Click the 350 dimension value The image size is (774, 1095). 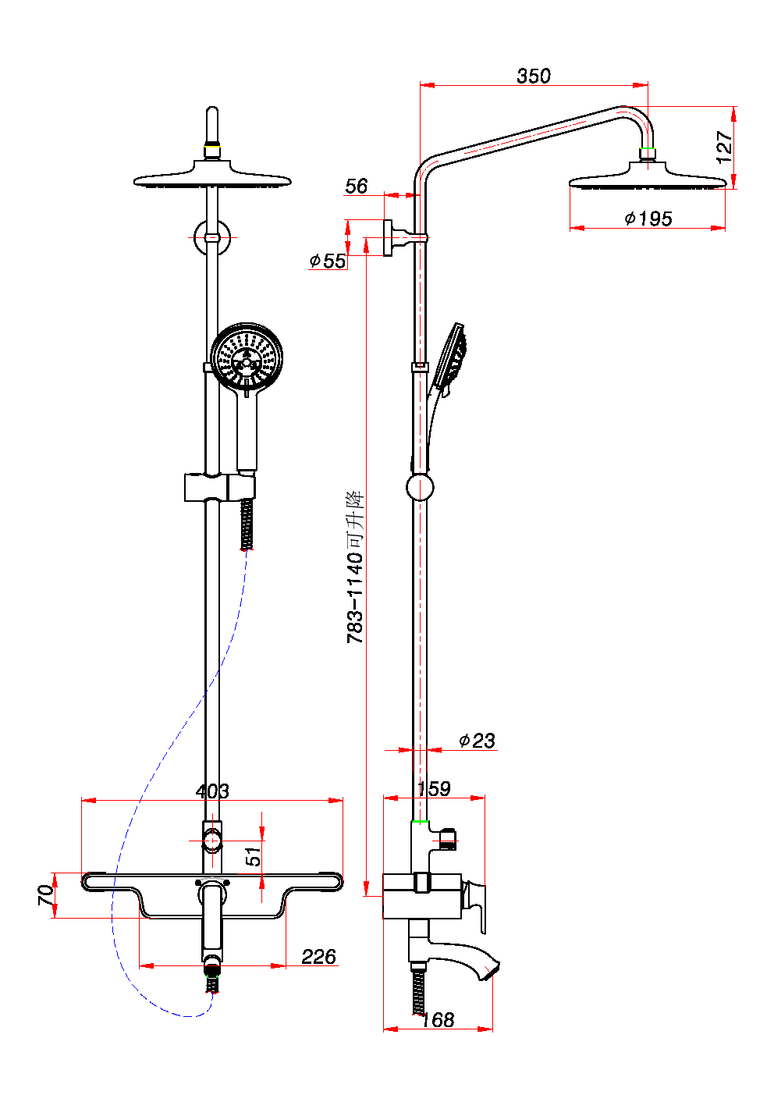tap(534, 76)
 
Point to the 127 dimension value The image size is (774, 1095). tap(724, 147)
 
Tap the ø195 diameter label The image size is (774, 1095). tap(648, 219)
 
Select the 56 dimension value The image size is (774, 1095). tap(356, 186)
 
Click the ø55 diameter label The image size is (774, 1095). tap(328, 261)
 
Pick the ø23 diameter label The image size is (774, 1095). tap(477, 740)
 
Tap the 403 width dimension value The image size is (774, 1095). tap(212, 791)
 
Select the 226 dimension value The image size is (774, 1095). tap(318, 956)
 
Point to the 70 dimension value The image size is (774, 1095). tap(47, 894)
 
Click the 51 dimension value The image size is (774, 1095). tap(254, 856)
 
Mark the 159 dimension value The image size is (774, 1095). tap(434, 788)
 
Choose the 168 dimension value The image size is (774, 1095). tap(438, 1019)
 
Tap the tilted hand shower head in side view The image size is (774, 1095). tap(451, 357)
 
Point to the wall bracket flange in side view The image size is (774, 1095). tap(388, 237)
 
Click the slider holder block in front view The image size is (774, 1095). tap(219, 487)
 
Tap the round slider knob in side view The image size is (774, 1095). tap(420, 487)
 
